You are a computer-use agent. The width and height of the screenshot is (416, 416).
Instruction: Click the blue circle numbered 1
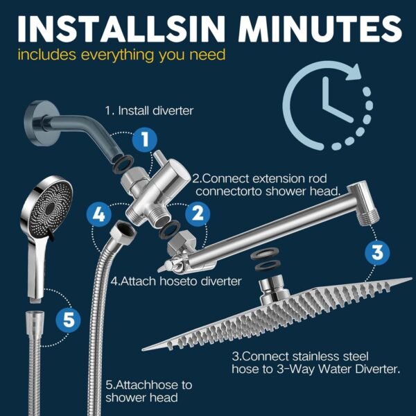[144, 140]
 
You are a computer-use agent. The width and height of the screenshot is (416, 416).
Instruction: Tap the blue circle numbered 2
[198, 214]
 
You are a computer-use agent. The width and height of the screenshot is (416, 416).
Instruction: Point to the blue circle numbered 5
[67, 320]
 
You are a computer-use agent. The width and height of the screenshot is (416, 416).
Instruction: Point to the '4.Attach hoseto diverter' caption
[176, 281]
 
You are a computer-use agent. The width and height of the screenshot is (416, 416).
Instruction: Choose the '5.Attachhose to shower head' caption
[148, 391]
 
